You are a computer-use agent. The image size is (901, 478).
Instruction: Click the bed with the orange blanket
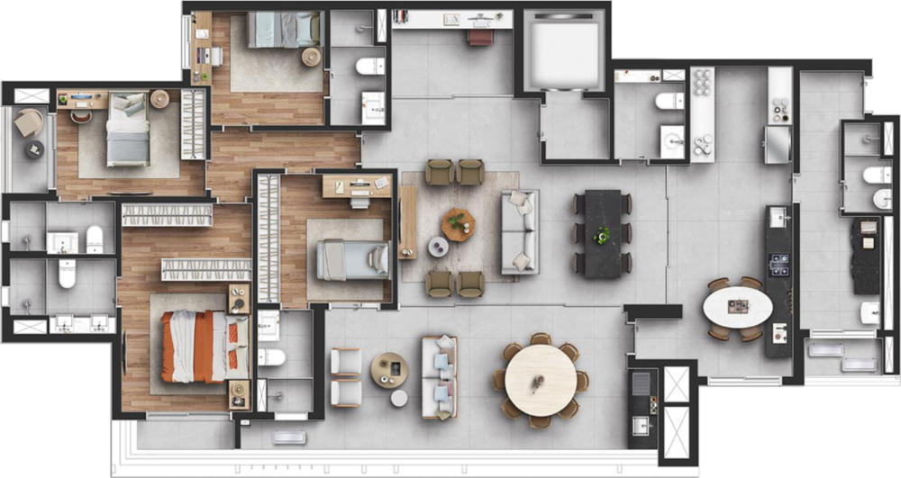coord(203,347)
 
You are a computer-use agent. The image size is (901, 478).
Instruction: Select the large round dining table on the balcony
coord(540,379)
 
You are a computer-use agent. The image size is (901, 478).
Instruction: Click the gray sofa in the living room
coord(519,231)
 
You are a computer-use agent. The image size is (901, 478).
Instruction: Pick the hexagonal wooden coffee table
coord(458,223)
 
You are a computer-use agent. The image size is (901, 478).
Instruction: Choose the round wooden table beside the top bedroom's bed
coord(311,57)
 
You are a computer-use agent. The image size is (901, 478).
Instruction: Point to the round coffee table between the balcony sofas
coord(390,369)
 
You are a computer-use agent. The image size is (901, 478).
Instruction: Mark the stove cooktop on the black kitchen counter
coord(778,264)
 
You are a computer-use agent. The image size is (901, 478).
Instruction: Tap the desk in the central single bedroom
coord(357,185)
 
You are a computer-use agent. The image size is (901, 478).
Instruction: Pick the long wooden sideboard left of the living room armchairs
coord(407,222)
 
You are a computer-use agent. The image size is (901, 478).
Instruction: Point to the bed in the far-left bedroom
coord(127,131)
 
